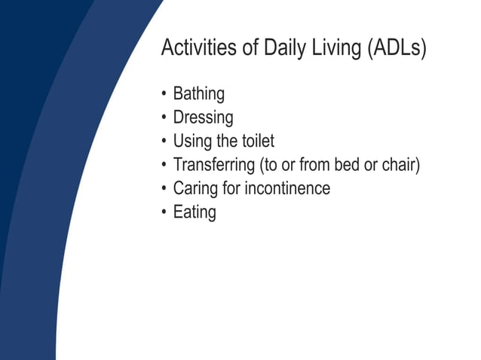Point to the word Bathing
point(199,95)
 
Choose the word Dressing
point(203,118)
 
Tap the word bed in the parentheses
point(348,164)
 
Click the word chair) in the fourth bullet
point(399,164)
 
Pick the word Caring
point(195,188)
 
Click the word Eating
point(195,212)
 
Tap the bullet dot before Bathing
point(164,95)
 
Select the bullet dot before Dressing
point(164,118)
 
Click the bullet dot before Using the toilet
point(164,142)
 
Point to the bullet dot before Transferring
point(164,165)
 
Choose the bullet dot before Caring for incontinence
point(164,188)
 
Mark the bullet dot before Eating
point(164,212)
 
